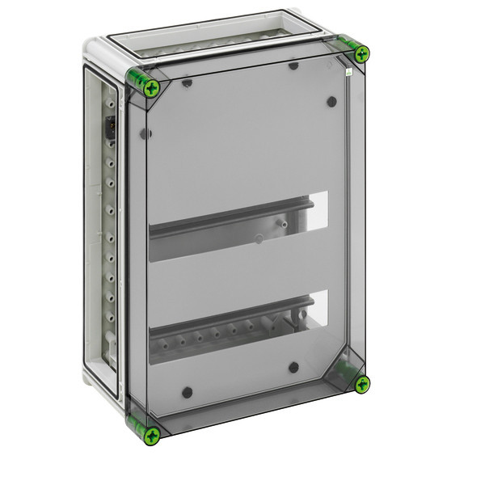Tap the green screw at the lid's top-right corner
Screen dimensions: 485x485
pos(361,54)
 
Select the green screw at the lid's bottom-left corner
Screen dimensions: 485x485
pos(150,436)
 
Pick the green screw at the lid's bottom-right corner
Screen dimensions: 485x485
pos(361,383)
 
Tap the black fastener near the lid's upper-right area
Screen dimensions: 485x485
pos(331,102)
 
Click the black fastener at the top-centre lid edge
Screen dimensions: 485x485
pos(293,65)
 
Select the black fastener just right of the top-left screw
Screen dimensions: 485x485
pos(187,82)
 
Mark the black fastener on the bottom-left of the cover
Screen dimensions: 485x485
pos(188,392)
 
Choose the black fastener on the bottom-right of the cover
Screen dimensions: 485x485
pos(293,367)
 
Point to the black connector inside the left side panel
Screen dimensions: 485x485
pos(111,129)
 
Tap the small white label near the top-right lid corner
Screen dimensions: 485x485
pos(348,72)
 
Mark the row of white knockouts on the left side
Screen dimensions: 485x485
pos(108,242)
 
